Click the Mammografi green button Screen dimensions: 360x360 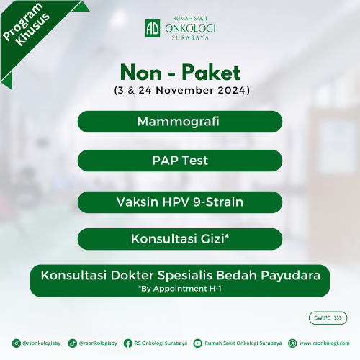[180, 122]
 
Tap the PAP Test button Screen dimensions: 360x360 [180, 161]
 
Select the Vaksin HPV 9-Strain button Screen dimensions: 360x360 [180, 202]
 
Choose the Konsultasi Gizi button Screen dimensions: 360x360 [180, 239]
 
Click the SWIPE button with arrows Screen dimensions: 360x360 [328, 318]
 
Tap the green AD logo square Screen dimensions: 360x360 [153, 28]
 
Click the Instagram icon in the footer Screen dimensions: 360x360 [17, 343]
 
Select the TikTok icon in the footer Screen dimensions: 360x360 [73, 343]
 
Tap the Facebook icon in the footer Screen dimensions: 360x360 [128, 343]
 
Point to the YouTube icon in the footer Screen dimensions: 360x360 [198, 343]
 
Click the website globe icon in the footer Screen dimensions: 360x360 [292, 343]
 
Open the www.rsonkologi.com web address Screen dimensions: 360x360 [324, 343]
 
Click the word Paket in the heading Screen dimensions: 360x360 [211, 72]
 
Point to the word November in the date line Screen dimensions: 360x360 [185, 91]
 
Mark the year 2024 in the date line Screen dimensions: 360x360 [231, 91]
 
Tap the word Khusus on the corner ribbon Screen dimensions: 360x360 [32, 29]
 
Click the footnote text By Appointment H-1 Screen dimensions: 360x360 [180, 289]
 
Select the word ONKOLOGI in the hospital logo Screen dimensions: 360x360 [190, 29]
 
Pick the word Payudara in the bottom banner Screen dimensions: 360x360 [290, 276]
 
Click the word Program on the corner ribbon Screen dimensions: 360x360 [22, 22]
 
